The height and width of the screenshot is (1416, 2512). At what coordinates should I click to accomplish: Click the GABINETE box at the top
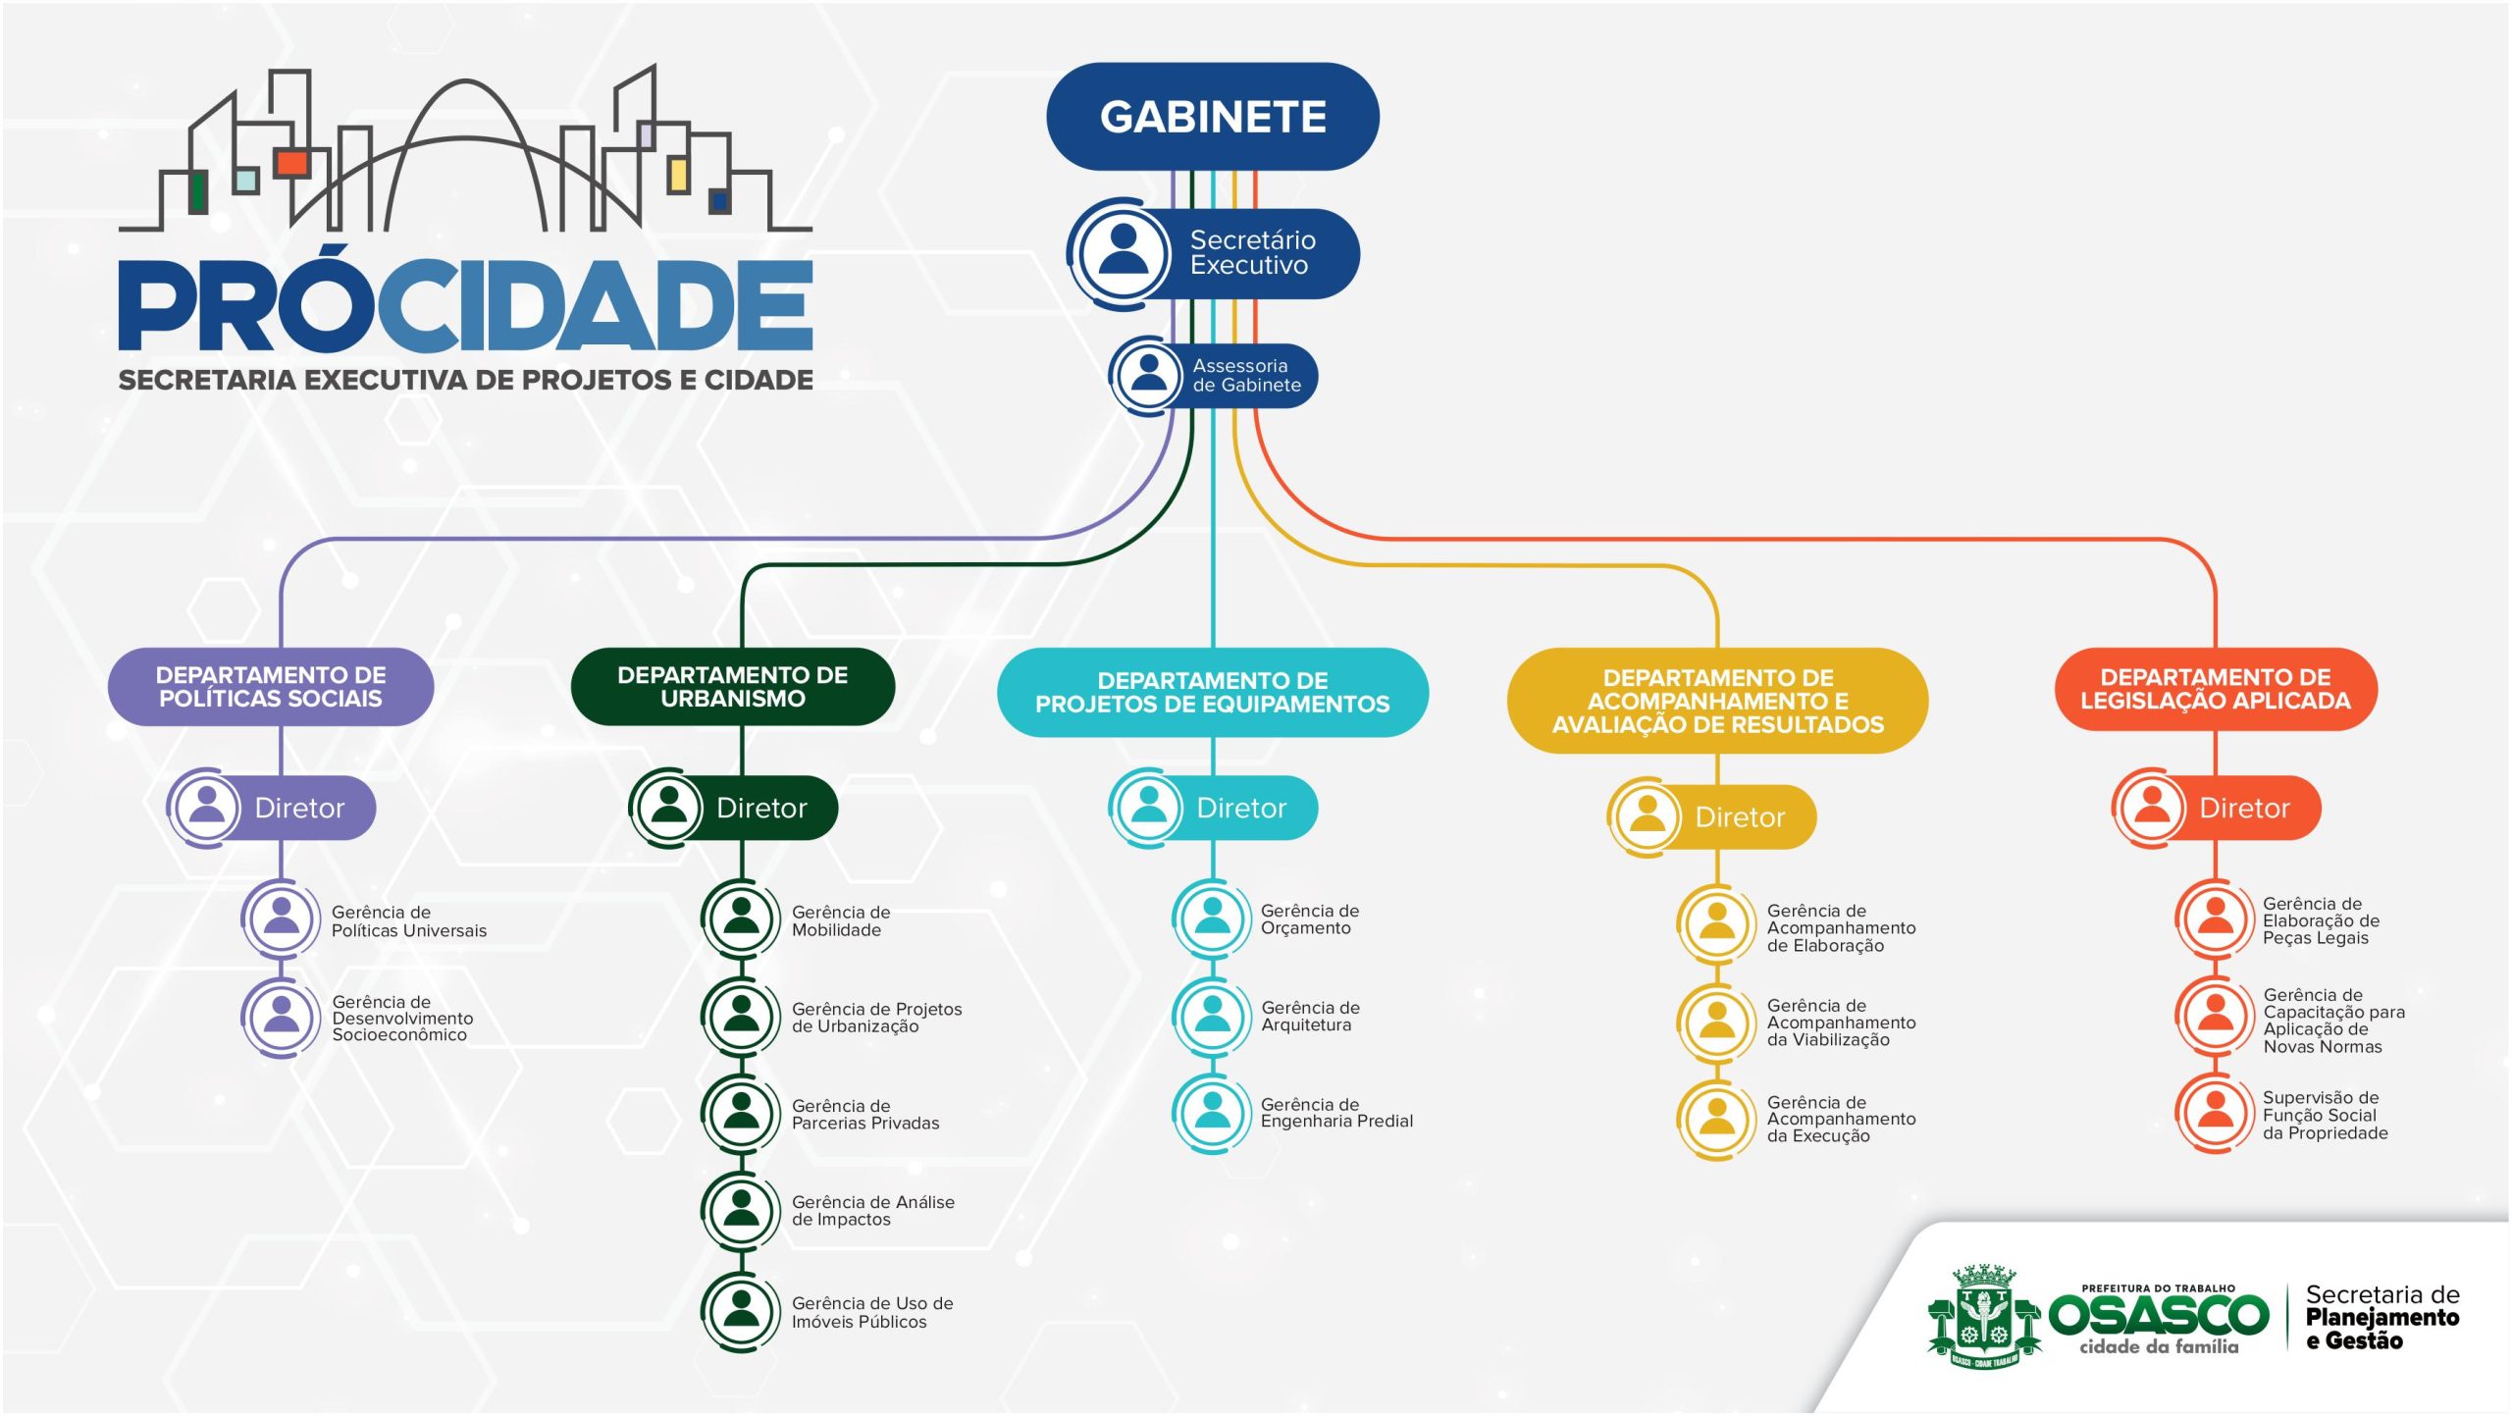coord(1213,117)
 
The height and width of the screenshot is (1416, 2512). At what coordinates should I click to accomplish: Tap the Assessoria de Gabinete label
coord(1246,376)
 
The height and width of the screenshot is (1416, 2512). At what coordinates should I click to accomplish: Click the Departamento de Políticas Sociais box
coord(271,687)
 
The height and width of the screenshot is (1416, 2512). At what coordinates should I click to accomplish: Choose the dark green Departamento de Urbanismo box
coord(733,687)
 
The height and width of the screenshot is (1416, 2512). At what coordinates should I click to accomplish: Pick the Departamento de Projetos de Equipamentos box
coord(1213,693)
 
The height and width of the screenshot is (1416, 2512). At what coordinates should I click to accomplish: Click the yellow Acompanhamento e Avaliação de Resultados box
coord(1717,701)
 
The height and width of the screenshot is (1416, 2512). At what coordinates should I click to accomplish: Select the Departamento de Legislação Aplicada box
coord(2216,689)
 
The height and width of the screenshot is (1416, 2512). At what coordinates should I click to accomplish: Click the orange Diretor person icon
coord(2152,807)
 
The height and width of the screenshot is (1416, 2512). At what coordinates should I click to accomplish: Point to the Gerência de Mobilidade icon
coord(741,918)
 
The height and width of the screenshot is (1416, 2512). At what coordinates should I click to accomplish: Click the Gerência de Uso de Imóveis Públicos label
coord(871,1313)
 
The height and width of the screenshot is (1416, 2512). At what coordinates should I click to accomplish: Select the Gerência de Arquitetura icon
coord(1213,1016)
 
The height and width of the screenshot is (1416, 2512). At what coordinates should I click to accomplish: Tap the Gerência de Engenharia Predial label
coord(1336,1113)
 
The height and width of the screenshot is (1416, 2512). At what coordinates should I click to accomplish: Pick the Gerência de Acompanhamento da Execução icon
coord(1716,1119)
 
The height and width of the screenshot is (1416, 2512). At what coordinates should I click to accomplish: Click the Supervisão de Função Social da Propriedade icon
coord(2215,1113)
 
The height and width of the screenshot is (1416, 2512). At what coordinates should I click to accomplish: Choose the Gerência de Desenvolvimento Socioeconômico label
coord(402,1018)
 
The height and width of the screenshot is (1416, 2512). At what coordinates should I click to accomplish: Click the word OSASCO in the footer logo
coord(2159,1315)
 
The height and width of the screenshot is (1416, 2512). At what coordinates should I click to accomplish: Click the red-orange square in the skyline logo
coord(291,163)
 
